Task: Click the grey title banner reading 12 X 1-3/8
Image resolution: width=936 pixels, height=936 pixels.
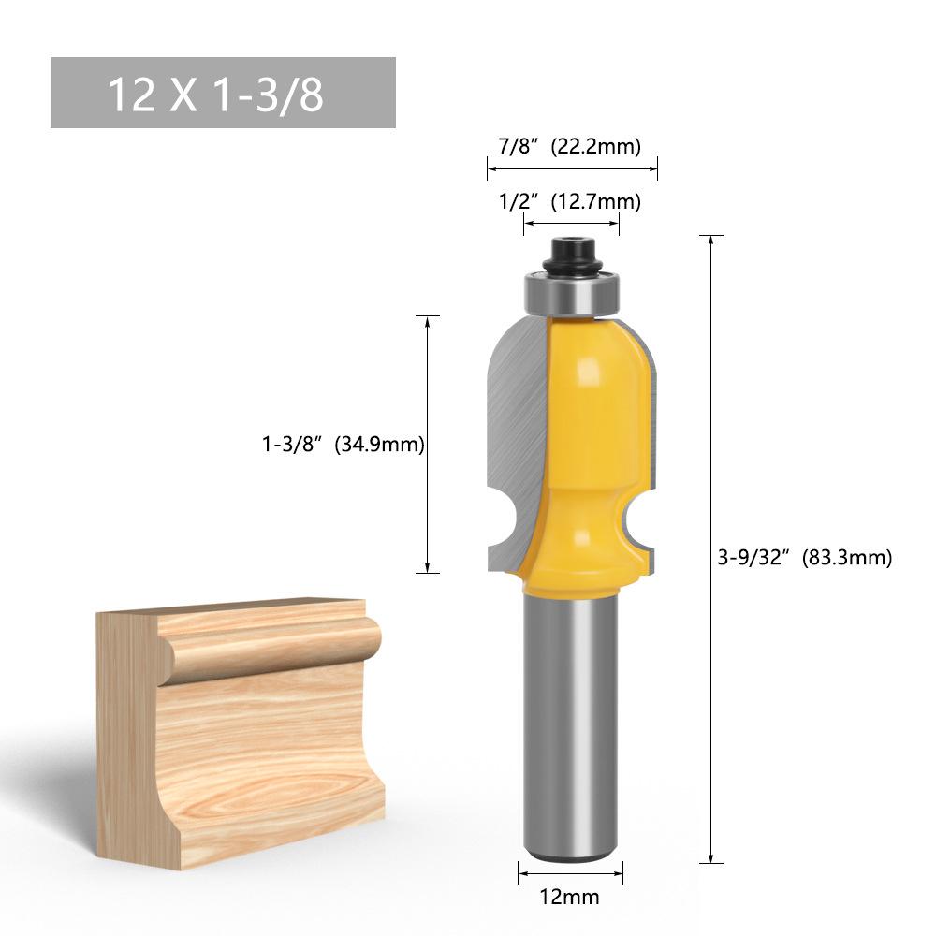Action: coord(223,93)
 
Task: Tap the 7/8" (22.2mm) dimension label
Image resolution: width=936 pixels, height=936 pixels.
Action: coord(569,146)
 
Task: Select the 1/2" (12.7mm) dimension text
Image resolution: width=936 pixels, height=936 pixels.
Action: coord(569,201)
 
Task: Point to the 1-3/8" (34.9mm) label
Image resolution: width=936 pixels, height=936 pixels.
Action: coord(344,444)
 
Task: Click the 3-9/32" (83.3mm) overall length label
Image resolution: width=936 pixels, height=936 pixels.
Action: coord(805,558)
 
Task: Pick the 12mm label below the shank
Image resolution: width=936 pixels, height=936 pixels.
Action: coord(569,897)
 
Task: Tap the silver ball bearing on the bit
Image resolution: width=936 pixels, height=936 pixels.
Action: coord(572,293)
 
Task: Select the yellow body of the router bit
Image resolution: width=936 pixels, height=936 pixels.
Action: coord(588,454)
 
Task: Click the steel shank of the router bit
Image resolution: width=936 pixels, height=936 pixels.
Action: coord(570,728)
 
